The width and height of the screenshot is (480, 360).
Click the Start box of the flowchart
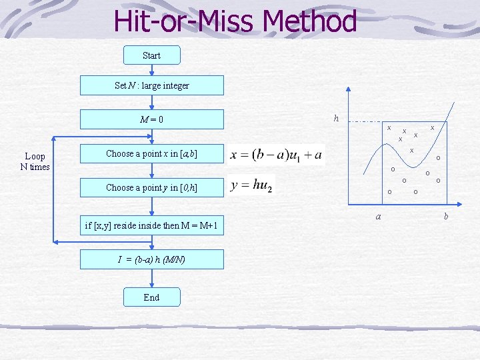point(151,55)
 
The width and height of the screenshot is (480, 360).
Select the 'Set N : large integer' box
point(151,85)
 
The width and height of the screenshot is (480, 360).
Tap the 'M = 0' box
point(151,119)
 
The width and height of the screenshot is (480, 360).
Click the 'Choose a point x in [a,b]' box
point(151,153)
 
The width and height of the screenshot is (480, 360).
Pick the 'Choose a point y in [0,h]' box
point(151,187)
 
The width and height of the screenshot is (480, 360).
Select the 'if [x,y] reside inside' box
point(151,225)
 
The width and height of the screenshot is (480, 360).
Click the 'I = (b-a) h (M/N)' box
point(151,259)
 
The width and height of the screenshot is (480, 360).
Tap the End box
point(151,297)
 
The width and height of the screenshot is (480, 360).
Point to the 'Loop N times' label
point(35,161)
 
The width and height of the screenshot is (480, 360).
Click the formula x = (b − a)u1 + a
point(276,155)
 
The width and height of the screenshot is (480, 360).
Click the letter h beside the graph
point(336,119)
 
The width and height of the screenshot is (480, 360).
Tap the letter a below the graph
point(378,216)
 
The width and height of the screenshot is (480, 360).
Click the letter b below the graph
point(445,216)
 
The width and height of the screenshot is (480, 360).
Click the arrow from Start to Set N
point(151,70)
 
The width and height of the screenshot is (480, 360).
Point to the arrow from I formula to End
point(151,279)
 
